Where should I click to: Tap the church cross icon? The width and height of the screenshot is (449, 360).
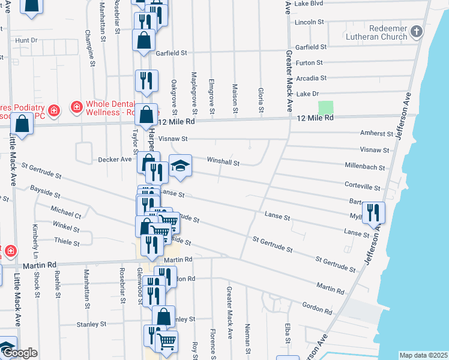[416, 31]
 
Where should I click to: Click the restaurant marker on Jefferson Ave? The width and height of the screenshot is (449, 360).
[373, 212]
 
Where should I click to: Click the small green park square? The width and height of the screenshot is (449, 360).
[325, 108]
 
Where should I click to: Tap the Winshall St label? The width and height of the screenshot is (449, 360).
[223, 163]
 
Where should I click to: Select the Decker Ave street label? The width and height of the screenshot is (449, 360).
[115, 160]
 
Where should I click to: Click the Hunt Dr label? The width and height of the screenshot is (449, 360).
[26, 40]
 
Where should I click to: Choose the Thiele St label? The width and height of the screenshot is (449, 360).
[67, 243]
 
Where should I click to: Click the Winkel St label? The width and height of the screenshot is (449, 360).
[65, 229]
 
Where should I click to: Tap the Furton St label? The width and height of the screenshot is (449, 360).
[309, 62]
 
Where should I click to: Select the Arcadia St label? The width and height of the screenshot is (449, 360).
[311, 78]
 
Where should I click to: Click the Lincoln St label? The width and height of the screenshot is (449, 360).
[309, 22]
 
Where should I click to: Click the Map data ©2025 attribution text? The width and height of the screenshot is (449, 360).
[423, 355]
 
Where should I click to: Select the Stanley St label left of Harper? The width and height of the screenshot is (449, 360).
[91, 324]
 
